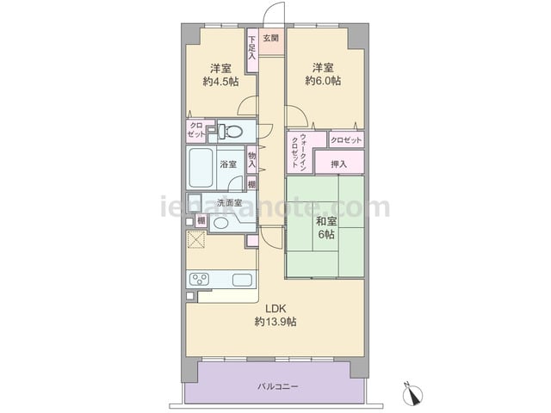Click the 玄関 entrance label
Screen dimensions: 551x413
coord(271,38)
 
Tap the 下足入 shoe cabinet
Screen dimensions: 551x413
coord(251,50)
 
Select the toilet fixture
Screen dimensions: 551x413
coord(230,132)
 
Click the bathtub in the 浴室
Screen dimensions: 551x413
coord(201,168)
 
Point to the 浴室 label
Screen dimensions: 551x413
coord(228,164)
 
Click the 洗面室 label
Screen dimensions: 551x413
coord(229,203)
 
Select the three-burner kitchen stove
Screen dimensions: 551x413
coord(199,280)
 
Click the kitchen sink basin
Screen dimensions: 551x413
coord(242,280)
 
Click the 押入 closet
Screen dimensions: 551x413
coord(339,163)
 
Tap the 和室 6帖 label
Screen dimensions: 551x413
coord(326,228)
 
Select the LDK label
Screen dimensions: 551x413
coord(275,309)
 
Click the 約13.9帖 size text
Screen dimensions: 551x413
coord(275,322)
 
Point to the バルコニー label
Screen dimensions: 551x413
coord(278,386)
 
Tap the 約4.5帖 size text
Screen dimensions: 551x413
coord(220,82)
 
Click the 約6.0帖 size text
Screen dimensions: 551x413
coord(323,81)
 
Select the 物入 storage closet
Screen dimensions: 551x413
coord(251,160)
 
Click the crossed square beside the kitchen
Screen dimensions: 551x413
coord(196,239)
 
